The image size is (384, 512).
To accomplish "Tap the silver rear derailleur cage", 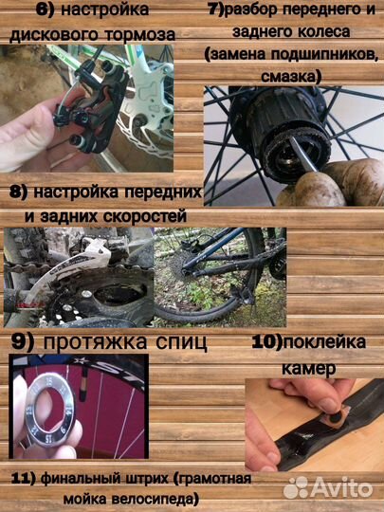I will coord(95,275).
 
